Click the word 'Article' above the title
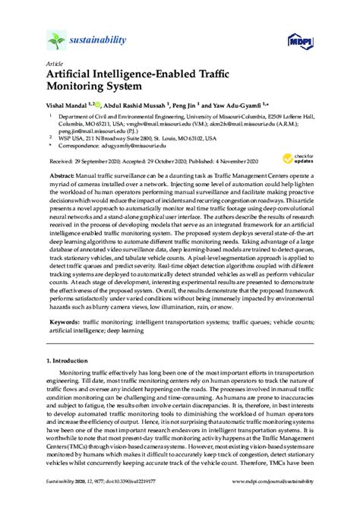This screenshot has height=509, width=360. [54, 63]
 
